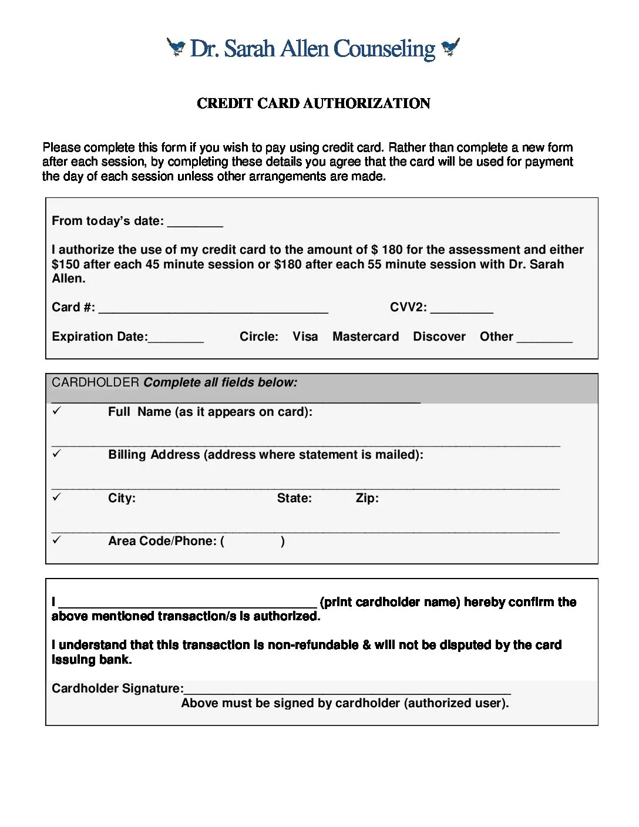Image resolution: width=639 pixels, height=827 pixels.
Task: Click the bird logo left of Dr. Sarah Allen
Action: pos(176,46)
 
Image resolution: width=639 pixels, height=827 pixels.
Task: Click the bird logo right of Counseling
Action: pos(450,46)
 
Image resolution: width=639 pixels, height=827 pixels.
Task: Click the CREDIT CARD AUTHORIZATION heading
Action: pos(314,103)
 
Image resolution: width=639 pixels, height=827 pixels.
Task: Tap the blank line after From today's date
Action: pos(195,223)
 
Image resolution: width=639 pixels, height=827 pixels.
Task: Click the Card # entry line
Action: pos(213,310)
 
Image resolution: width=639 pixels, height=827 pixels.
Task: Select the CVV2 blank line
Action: pos(462,310)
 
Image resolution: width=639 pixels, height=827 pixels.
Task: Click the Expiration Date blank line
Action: pos(176,339)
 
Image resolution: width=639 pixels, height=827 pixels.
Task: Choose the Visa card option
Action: pos(305,337)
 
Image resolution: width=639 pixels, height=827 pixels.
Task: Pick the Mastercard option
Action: pos(365,337)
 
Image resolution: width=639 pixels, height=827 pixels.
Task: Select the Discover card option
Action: pos(439,337)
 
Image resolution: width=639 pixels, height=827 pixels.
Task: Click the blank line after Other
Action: pos(544,339)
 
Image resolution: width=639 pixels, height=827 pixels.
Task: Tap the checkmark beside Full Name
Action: pos(56,411)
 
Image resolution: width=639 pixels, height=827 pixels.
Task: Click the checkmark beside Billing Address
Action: pos(56,454)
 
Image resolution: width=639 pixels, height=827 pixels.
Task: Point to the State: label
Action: pos(294,498)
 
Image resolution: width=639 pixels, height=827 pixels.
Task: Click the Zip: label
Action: pos(367,498)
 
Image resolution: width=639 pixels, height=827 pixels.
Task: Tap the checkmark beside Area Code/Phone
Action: pos(56,540)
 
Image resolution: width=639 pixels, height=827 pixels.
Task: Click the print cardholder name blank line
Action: pos(188,604)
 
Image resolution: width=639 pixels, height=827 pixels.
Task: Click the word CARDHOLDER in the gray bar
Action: pos(95,382)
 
